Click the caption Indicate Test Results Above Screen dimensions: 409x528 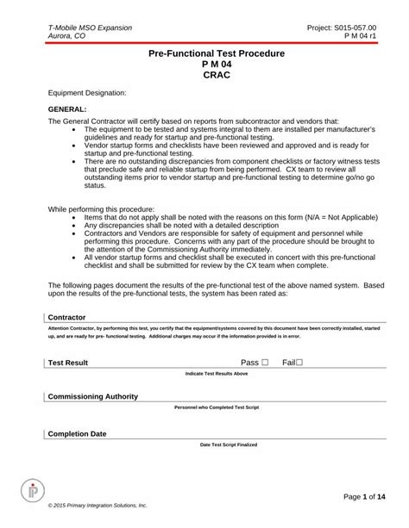click(217, 374)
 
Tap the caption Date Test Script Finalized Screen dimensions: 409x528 click(217, 444)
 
